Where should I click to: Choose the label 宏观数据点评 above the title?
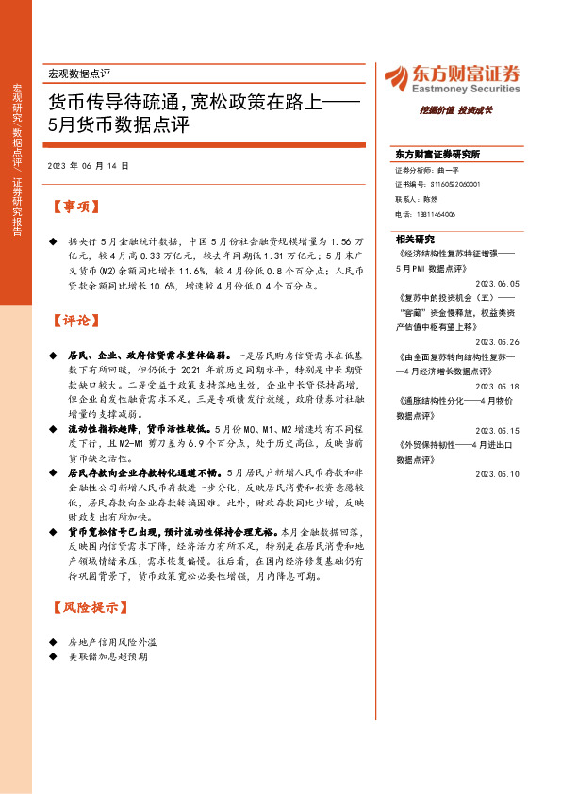[79, 72]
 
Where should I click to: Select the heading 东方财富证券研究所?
[437, 153]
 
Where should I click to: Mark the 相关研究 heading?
[415, 239]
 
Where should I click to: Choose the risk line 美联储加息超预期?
[107, 656]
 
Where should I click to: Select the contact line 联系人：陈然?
[417, 200]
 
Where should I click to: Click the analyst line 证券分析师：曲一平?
[426, 171]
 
